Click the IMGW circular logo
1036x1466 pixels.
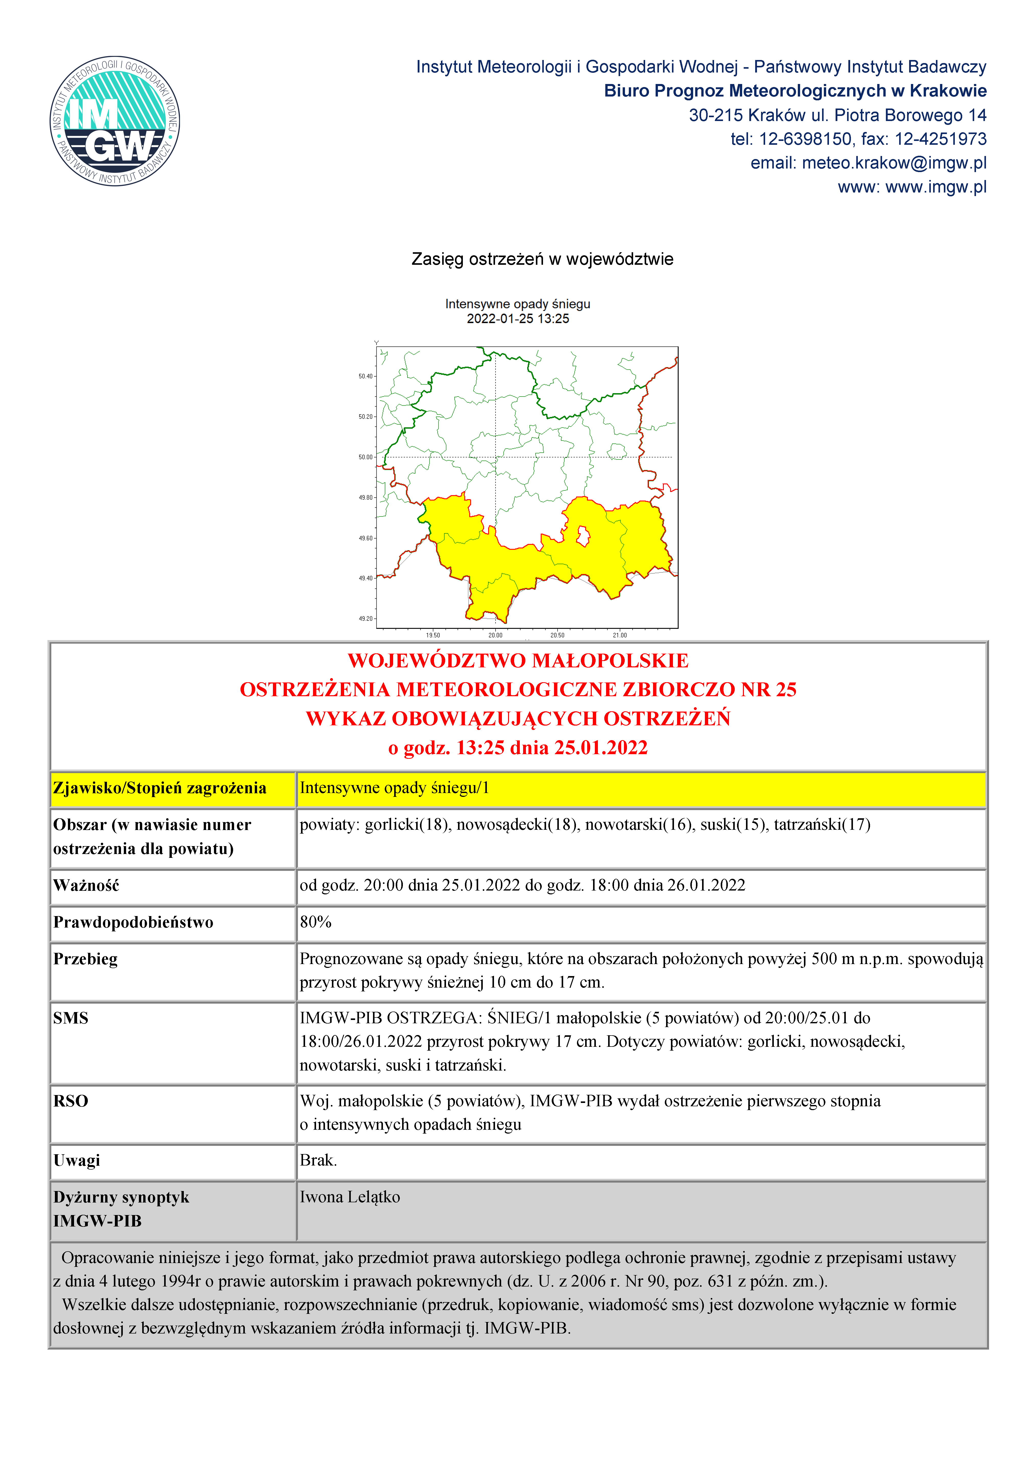click(115, 121)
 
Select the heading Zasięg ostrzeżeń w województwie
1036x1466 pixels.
click(542, 259)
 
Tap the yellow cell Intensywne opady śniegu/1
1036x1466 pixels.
click(394, 788)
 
